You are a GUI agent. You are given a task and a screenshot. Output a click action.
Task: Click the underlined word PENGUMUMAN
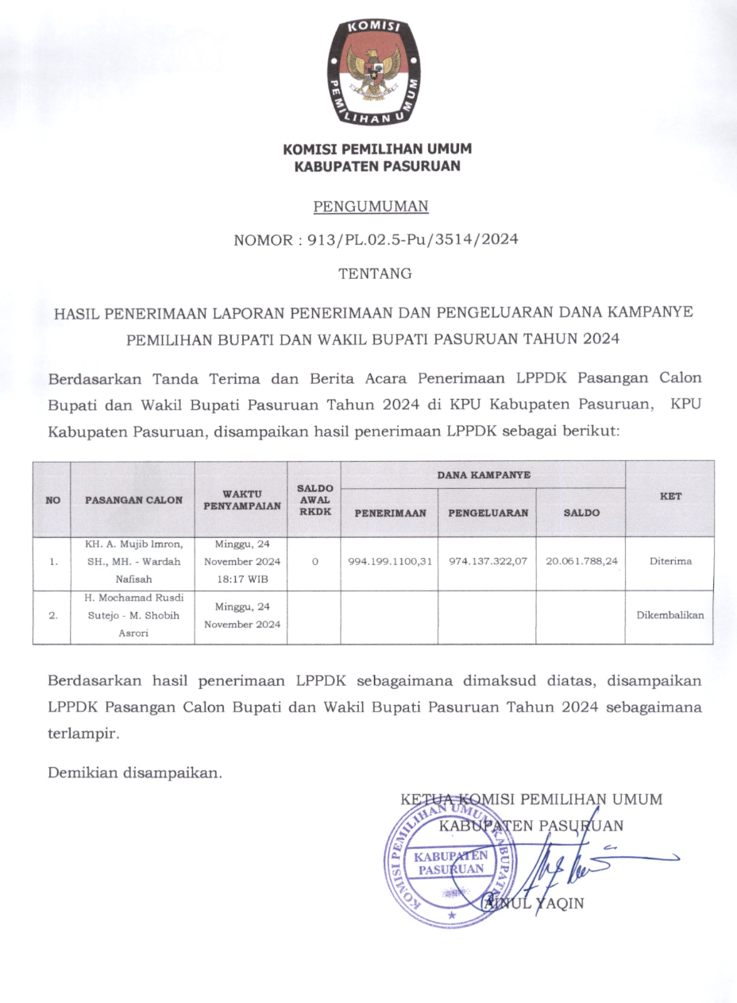pos(371,207)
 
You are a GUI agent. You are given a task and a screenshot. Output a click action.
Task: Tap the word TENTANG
pos(375,273)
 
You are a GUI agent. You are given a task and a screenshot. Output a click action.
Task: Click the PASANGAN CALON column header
pos(133,500)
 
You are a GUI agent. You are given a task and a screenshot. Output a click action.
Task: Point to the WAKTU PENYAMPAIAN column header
pos(241,500)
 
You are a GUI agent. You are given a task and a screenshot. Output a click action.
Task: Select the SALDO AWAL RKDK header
pos(314,500)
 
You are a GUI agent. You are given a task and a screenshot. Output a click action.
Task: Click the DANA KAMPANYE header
pos(483,474)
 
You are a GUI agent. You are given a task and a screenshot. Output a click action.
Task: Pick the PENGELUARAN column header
pos(488,513)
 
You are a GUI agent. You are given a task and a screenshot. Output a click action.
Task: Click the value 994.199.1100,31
pos(389,561)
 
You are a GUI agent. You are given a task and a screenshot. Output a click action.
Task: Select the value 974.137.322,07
pos(488,561)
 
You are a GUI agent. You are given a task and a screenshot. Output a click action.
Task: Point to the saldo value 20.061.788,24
pos(581,561)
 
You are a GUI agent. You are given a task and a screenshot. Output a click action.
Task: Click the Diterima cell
pos(669,561)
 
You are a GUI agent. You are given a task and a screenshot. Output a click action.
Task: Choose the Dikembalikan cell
pos(669,615)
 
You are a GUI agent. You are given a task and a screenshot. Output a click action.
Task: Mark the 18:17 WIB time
pos(241,579)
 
